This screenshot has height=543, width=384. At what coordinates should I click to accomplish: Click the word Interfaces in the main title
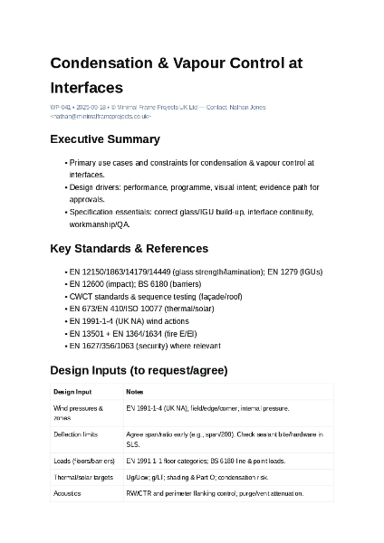click(x=86, y=88)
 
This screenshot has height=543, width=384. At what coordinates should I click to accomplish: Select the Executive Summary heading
click(x=105, y=139)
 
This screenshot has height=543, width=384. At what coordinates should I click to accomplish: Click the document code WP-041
click(x=61, y=108)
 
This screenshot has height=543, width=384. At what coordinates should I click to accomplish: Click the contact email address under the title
click(x=101, y=116)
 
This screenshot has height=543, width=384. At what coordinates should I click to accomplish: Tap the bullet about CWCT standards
click(x=155, y=296)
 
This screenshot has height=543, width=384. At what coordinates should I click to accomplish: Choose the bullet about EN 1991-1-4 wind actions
click(x=129, y=321)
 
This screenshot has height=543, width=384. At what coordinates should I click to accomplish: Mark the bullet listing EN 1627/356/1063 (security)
click(x=144, y=346)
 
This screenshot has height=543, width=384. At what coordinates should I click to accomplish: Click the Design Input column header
click(x=72, y=392)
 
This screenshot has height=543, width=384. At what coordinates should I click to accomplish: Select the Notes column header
click(x=135, y=392)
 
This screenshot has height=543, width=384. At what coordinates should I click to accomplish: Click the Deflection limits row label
click(x=76, y=435)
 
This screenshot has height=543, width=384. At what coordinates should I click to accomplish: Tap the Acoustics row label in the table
click(x=68, y=493)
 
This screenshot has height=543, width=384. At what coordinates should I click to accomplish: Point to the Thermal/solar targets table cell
click(x=83, y=476)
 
